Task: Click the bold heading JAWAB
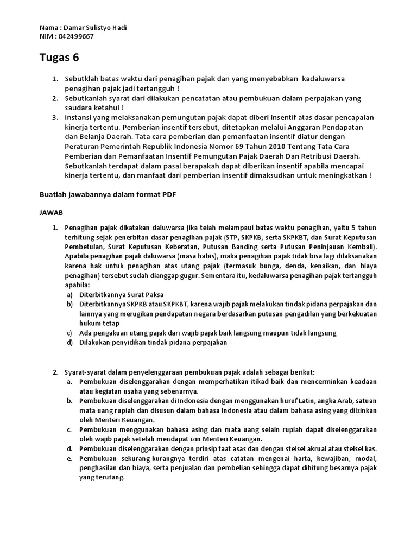pos(52,213)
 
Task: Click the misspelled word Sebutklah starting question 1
pos(83,79)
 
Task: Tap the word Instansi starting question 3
pos(79,117)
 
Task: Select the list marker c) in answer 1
pos(69,333)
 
